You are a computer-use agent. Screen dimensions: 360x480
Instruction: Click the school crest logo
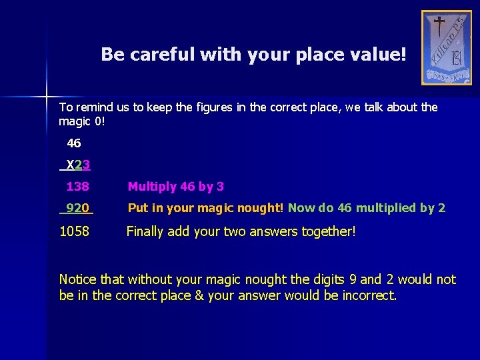click(x=446, y=47)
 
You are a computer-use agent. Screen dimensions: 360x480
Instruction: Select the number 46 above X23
click(x=74, y=143)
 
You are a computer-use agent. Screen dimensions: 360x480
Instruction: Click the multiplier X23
click(x=79, y=165)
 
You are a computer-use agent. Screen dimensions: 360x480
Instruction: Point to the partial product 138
click(x=77, y=187)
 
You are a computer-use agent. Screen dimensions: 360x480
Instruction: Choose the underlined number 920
click(x=78, y=208)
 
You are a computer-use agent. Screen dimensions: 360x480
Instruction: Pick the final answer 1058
click(x=75, y=232)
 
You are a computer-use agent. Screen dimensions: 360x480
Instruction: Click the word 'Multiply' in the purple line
click(x=153, y=187)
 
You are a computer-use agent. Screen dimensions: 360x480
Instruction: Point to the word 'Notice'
click(x=79, y=279)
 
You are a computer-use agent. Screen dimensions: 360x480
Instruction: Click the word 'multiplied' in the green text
click(x=386, y=208)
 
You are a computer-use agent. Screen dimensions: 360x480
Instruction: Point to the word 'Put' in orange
click(x=138, y=208)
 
